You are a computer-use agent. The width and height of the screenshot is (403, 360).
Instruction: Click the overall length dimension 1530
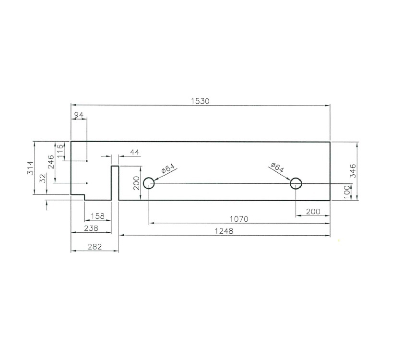201,101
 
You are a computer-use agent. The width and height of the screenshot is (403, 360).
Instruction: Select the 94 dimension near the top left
79,115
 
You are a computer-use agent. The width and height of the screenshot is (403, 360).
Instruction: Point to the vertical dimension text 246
51,163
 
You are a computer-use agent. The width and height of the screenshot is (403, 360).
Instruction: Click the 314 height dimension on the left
30,168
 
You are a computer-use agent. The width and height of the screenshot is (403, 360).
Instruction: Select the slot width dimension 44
135,152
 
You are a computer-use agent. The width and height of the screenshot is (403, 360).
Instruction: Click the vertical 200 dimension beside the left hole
136,183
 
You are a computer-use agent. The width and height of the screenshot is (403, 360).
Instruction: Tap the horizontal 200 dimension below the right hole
312,212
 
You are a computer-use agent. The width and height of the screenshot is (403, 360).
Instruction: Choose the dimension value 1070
239,219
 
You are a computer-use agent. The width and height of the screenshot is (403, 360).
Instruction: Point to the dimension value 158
98,216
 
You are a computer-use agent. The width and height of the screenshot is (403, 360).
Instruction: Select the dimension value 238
91,228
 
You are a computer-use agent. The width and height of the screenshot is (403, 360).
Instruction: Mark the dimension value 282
95,247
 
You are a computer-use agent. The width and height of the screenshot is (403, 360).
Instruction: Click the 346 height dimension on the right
353,171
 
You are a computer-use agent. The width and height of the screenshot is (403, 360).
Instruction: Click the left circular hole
149,183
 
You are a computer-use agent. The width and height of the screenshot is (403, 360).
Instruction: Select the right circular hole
296,183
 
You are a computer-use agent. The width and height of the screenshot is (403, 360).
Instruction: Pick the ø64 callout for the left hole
169,169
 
